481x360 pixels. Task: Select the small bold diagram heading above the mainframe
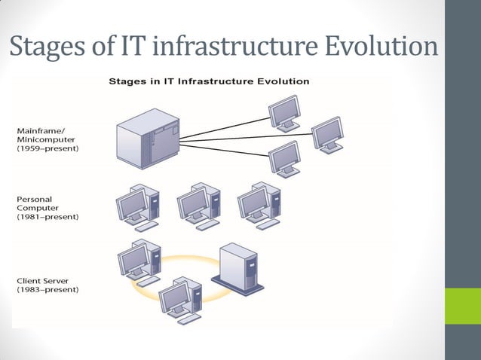tap(209, 81)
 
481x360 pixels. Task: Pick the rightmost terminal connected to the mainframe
tap(328, 134)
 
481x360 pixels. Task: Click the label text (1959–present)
tap(47, 149)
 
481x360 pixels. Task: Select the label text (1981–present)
tap(47, 217)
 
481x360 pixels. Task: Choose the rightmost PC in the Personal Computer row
tap(259, 203)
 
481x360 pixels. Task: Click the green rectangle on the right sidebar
tap(462, 306)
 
